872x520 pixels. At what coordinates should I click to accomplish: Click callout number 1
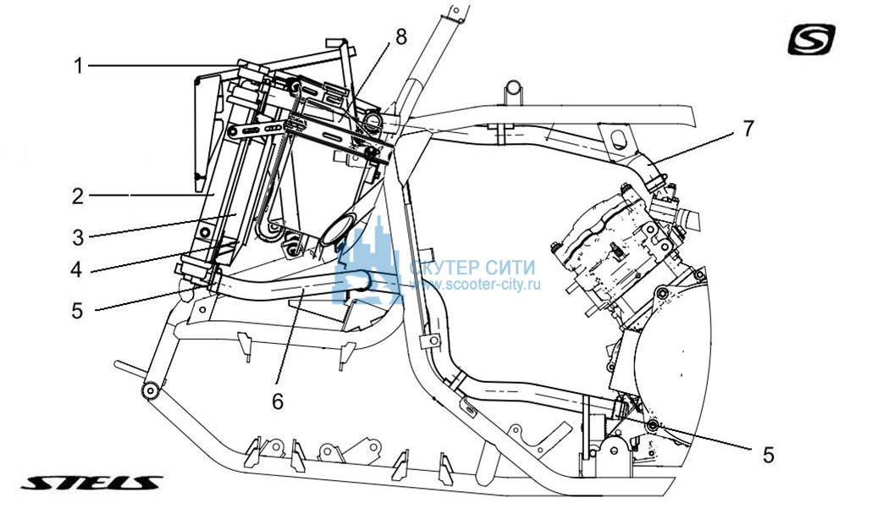[x=79, y=66]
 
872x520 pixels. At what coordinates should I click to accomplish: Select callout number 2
[x=78, y=196]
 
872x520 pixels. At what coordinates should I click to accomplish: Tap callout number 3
[x=78, y=237]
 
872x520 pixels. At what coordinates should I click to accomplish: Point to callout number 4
[x=76, y=269]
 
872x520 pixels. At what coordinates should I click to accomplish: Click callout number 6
[x=278, y=401]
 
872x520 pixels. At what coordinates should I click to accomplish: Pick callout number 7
[x=748, y=129]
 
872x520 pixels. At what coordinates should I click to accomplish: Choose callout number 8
[x=401, y=37]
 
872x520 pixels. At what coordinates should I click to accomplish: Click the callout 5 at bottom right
[x=768, y=455]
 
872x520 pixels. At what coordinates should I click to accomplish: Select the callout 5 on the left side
[x=77, y=311]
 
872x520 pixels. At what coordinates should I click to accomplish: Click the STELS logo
[x=91, y=483]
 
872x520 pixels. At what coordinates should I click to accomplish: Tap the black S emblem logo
[x=811, y=40]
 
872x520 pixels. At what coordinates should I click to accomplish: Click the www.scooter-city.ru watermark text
[x=475, y=285]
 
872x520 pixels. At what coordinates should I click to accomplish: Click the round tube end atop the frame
[x=513, y=88]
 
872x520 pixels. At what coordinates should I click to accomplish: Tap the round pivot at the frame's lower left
[x=151, y=391]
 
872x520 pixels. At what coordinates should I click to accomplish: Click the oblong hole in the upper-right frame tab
[x=616, y=137]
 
